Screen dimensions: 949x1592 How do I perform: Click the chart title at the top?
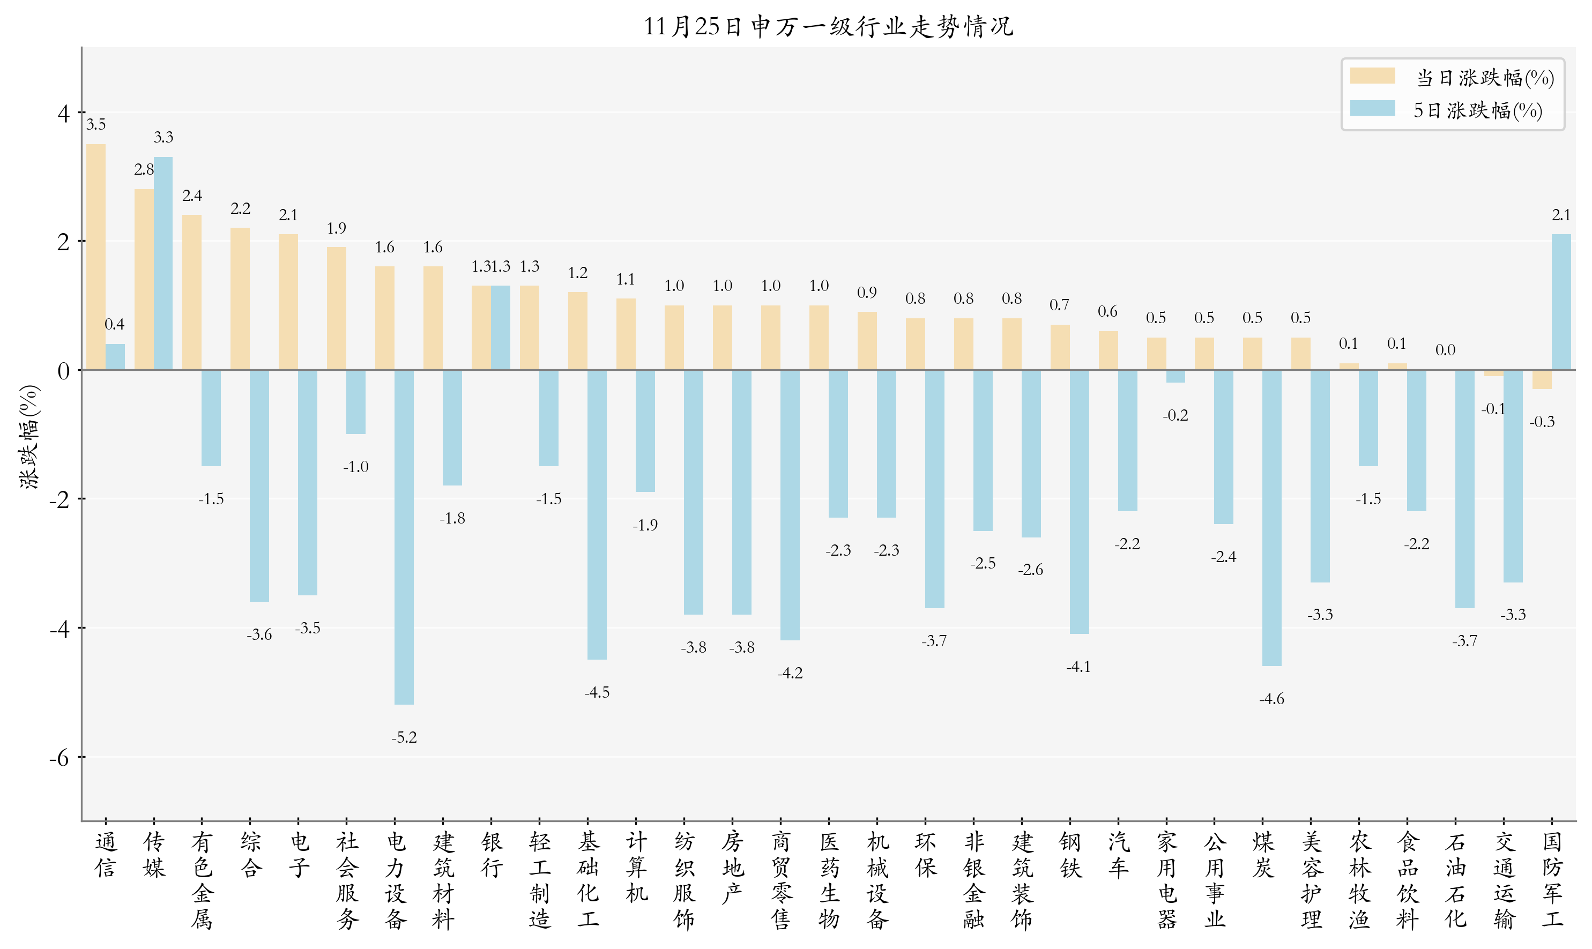coord(828,27)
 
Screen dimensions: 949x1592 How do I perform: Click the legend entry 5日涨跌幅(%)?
coord(1477,110)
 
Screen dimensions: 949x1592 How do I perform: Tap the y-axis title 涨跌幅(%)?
coord(29,437)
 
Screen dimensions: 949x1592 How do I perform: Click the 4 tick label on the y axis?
coord(63,114)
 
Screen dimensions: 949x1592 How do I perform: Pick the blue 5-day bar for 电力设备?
coord(404,537)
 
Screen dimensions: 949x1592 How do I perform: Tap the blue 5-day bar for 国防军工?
coord(1561,302)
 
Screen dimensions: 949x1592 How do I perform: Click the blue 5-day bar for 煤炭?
coord(1271,518)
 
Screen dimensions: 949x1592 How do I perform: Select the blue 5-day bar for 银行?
coord(500,327)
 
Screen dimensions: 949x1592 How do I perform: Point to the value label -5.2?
coord(404,737)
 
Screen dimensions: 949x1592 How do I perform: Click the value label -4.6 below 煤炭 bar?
coord(1271,699)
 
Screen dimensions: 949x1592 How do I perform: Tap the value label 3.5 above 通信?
coord(96,125)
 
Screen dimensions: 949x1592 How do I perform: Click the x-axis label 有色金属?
coord(202,880)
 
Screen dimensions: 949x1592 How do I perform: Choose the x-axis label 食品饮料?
coord(1407,880)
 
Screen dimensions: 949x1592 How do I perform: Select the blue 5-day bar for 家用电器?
coord(1175,376)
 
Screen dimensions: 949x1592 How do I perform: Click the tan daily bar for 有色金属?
coord(192,292)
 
